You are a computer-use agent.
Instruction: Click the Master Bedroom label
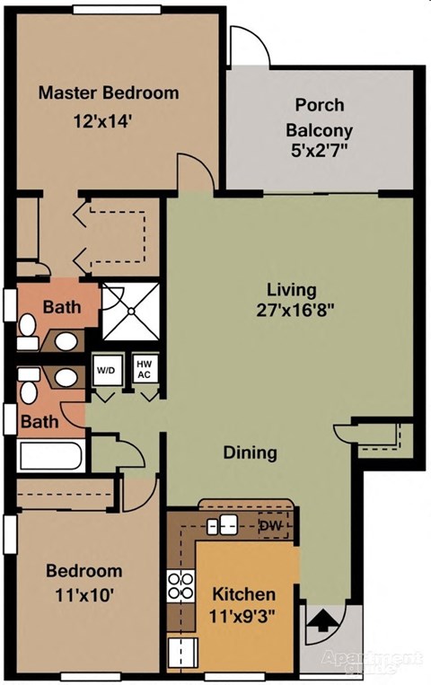point(109,92)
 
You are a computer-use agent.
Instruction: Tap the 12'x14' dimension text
point(108,119)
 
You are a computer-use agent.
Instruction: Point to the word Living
point(292,290)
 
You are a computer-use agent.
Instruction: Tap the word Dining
point(250,452)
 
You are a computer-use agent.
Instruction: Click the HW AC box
point(143,369)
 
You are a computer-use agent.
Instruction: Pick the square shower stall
point(130,312)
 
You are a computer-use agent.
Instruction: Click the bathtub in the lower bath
point(51,456)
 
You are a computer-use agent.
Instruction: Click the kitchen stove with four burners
point(181,585)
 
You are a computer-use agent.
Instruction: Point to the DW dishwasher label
point(268,525)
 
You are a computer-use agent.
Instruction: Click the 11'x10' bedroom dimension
point(84,593)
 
